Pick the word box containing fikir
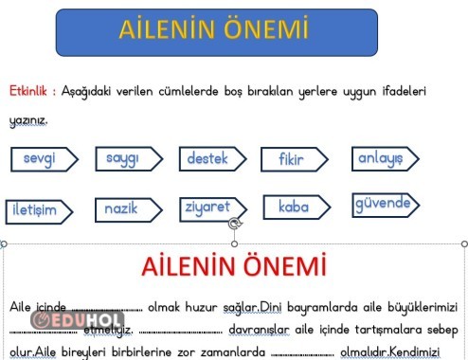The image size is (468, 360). point(293,160)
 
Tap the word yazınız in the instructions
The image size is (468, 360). point(28,121)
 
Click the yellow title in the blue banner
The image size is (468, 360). point(213,29)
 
